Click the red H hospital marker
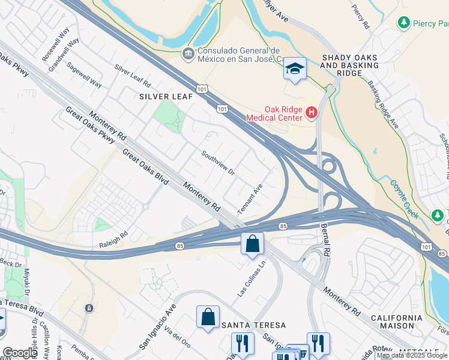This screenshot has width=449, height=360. pos(311,112)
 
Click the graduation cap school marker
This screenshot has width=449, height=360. pos(295,69)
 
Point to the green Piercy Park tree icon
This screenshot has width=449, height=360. pos(404,23)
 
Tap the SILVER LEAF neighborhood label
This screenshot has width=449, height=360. pos(166,96)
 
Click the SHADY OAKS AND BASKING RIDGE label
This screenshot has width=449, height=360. pos(350,65)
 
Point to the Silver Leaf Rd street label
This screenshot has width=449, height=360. pos(131,74)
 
